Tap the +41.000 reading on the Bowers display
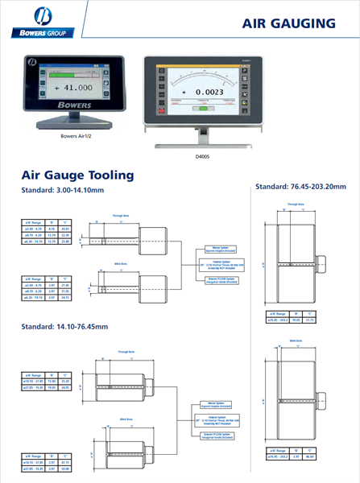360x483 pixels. click(x=72, y=87)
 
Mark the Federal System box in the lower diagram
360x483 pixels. click(x=216, y=420)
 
